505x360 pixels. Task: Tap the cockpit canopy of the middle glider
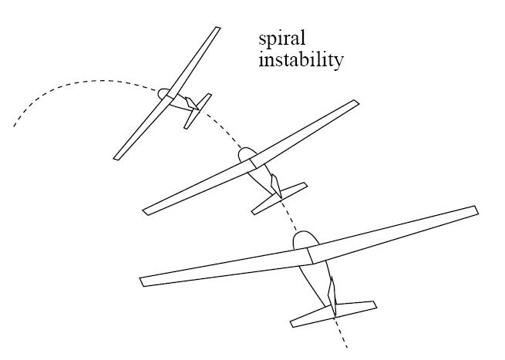[247, 155]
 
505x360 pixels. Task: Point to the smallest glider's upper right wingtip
[217, 30]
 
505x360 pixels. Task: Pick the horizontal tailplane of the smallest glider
[197, 110]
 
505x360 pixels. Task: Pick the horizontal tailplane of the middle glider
[279, 197]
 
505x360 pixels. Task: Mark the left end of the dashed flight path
[14, 124]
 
